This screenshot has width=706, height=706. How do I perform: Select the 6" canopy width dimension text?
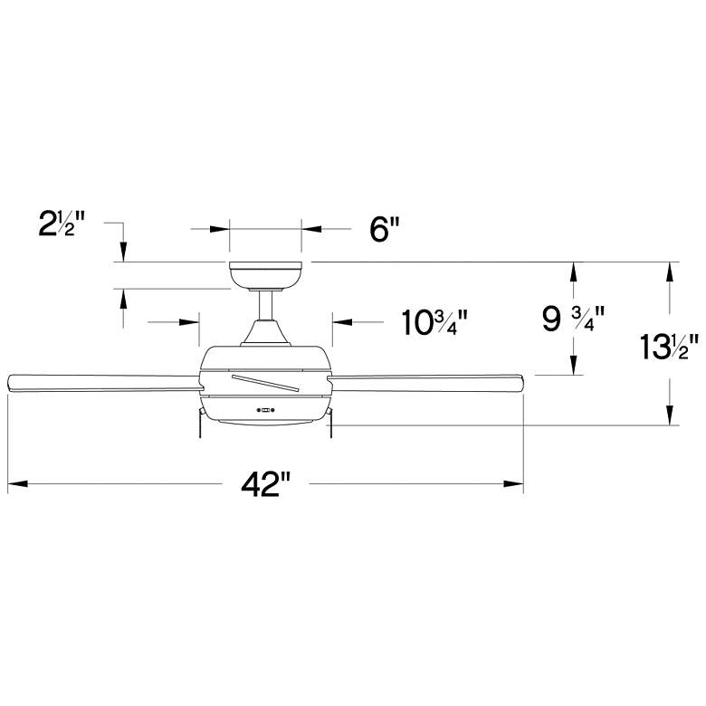coord(384,230)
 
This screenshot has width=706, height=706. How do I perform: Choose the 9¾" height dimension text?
coord(573,319)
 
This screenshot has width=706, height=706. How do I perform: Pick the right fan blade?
coord(425,383)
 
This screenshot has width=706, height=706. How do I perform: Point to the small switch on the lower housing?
coord(265,409)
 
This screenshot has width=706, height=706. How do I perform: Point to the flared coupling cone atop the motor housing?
coord(265,337)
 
